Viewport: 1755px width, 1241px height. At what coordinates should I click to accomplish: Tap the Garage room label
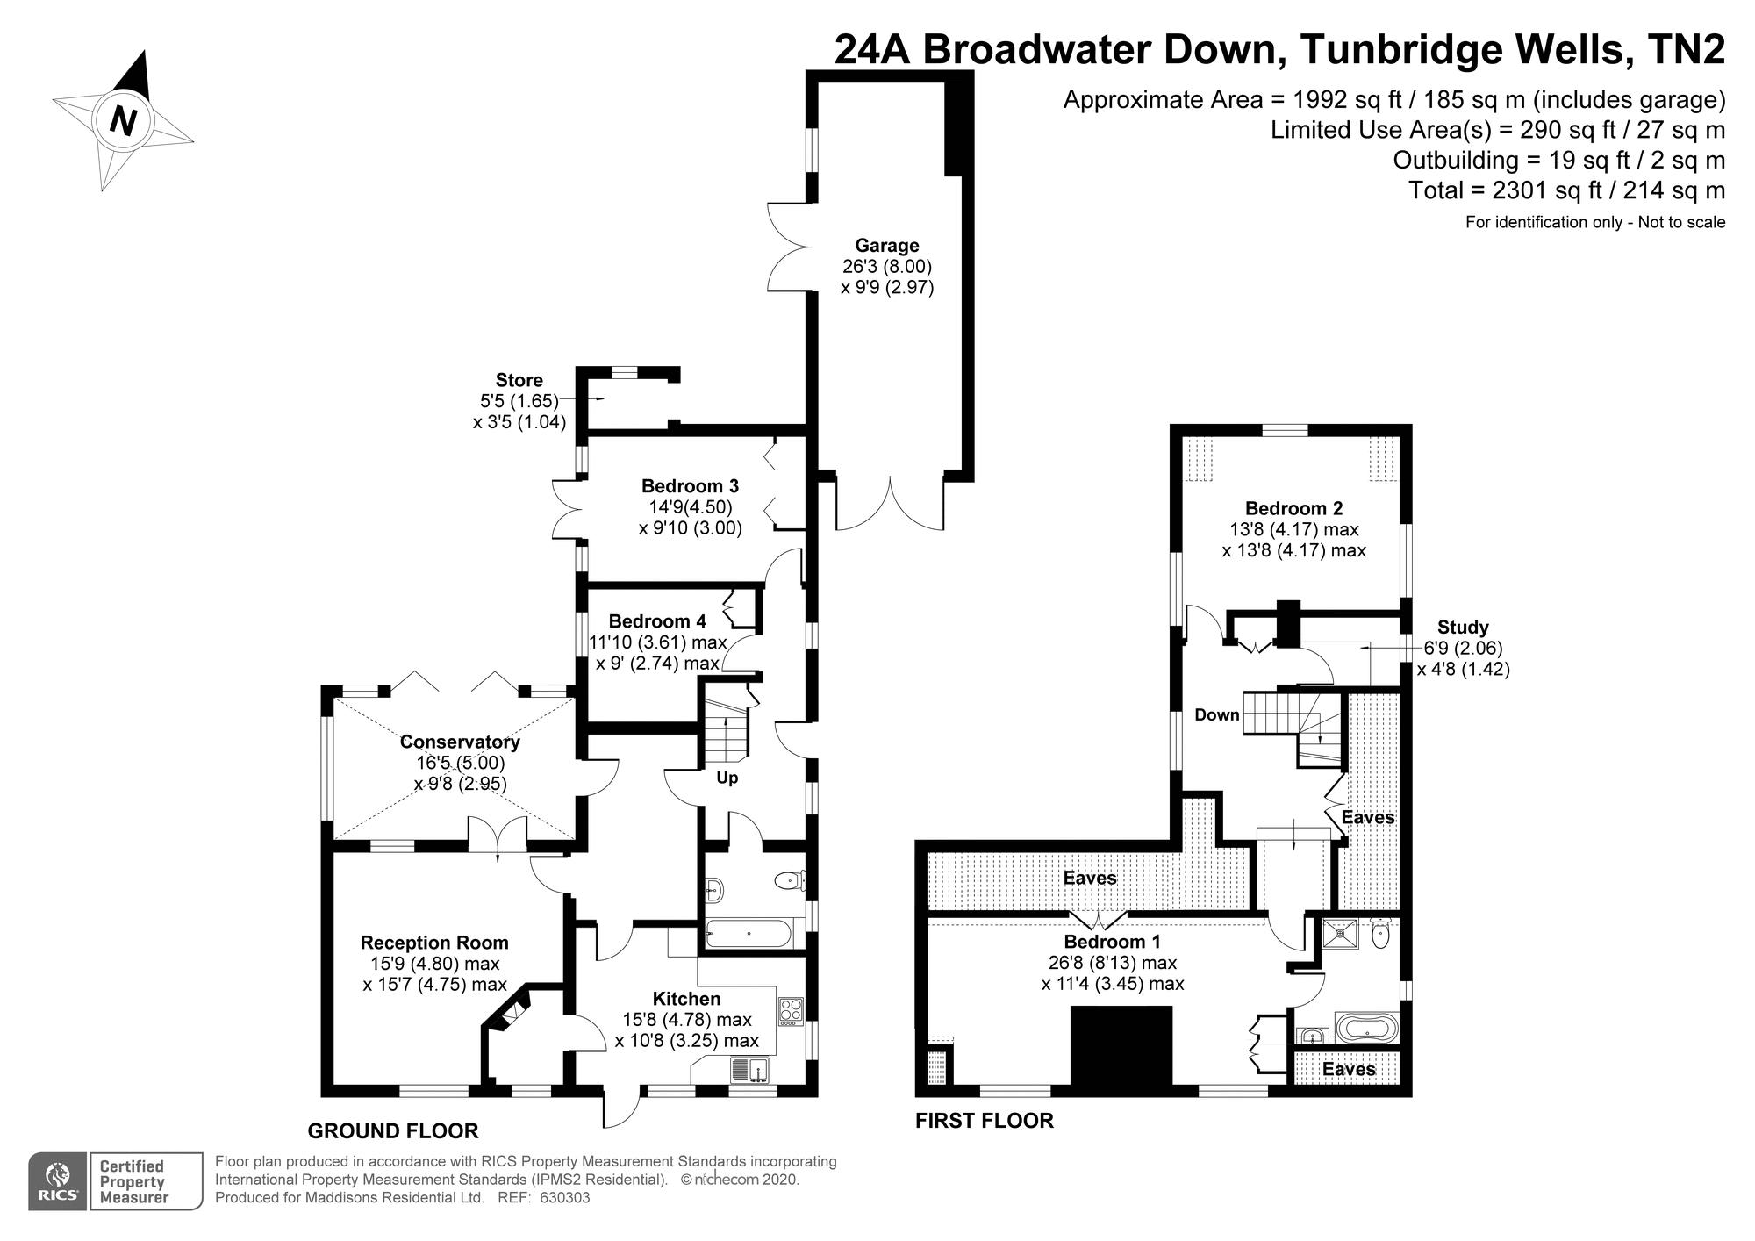coord(887,246)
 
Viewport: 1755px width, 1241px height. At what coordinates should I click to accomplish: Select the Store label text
coord(519,380)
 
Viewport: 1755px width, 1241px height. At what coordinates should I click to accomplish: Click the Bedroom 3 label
coord(690,486)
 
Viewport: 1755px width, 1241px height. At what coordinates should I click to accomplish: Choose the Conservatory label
coord(460,742)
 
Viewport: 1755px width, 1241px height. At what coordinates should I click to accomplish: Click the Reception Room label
coord(434,943)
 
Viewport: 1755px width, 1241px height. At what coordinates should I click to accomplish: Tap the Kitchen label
coord(686,999)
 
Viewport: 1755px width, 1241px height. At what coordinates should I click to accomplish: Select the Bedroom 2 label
coord(1293,508)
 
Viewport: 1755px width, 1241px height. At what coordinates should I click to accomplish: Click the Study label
coord(1463,628)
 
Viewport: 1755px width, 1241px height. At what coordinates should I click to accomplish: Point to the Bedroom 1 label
coord(1112,942)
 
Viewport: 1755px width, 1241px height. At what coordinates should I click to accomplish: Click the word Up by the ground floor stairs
coord(727,778)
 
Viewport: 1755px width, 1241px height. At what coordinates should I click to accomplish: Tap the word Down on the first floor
coord(1216,715)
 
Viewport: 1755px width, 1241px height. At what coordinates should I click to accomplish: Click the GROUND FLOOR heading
coord(392,1131)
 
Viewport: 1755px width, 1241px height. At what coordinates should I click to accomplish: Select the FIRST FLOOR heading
coord(984,1121)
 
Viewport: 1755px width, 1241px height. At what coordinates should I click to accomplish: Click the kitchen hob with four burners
coord(790,1012)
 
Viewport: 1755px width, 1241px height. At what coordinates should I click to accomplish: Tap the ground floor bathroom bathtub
coord(748,934)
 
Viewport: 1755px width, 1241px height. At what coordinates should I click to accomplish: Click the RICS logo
coord(57,1181)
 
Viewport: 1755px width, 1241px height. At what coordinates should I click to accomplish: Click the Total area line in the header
coord(1566,190)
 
